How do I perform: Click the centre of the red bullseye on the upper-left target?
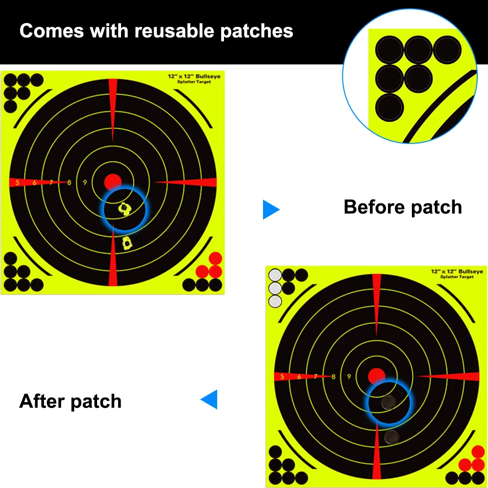(113, 182)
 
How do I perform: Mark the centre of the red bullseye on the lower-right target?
(377, 376)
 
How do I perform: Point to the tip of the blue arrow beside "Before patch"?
(280, 209)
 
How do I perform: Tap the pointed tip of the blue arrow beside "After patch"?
(201, 399)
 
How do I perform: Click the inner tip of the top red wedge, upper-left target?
(113, 142)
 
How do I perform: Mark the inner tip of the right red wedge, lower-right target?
(418, 376)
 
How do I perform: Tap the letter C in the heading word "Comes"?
(27, 31)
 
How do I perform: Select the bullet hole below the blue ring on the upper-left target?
(127, 243)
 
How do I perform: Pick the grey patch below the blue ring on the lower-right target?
(391, 437)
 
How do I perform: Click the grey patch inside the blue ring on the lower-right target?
(388, 403)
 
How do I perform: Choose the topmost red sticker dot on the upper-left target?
(215, 258)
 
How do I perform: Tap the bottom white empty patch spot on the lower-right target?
(275, 301)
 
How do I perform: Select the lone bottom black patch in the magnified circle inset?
(389, 107)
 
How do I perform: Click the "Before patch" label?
(403, 207)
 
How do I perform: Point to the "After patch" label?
(70, 401)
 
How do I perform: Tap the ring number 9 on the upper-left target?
(84, 183)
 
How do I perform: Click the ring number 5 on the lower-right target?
(282, 377)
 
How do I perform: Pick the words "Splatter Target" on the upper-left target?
(194, 82)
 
